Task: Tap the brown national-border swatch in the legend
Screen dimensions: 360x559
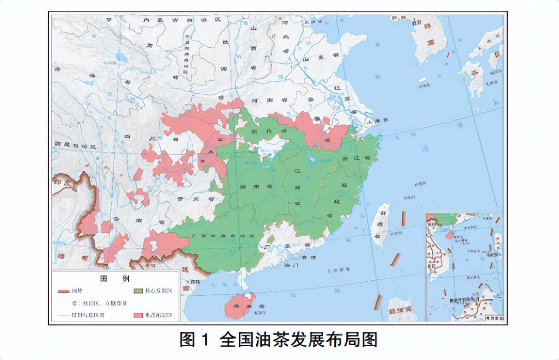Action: [62, 291]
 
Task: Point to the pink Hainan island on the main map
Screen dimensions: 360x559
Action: [237, 306]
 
